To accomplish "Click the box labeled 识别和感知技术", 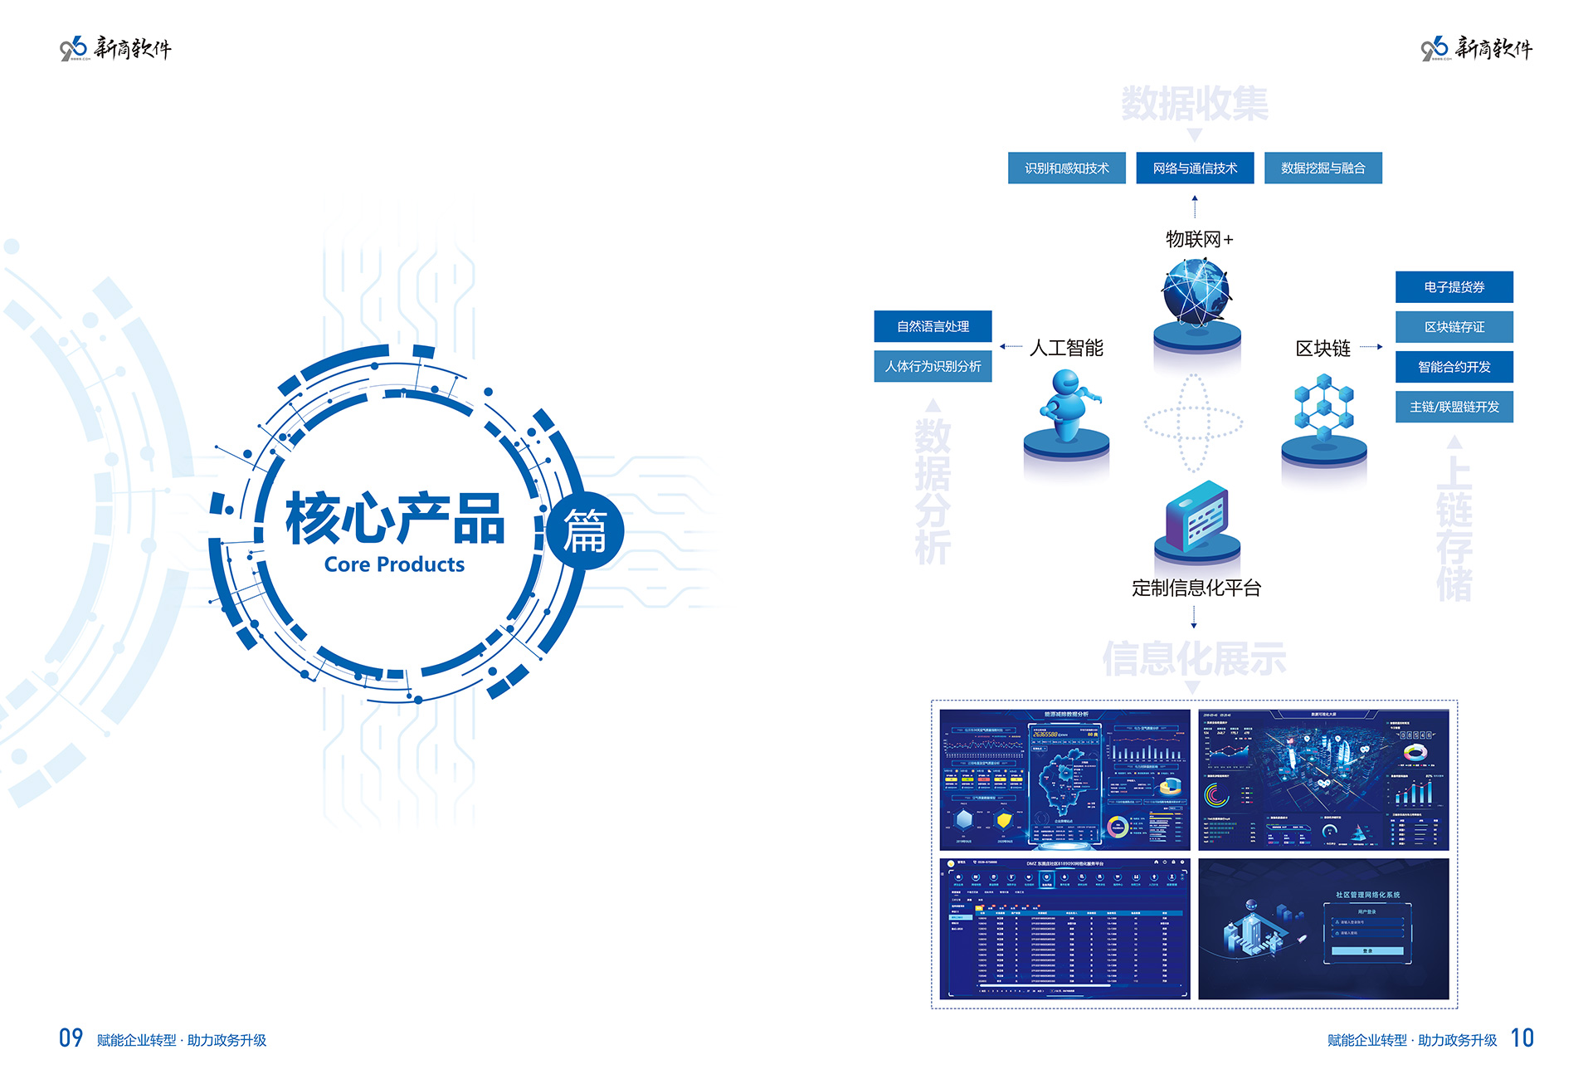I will click(1066, 168).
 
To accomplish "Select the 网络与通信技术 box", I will click(1194, 168).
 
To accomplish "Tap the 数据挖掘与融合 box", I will click(1323, 168).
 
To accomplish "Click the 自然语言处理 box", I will click(933, 326).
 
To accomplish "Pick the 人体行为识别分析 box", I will click(933, 366).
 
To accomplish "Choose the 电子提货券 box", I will click(1454, 287).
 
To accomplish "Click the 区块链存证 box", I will click(1454, 327).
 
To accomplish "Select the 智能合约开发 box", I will click(1454, 367).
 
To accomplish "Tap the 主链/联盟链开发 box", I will click(1454, 407).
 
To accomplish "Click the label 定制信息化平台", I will click(1196, 588).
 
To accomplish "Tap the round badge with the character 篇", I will click(585, 531).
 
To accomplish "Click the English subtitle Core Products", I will click(394, 564).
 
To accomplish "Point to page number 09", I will click(71, 1038).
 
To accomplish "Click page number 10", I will click(1522, 1038).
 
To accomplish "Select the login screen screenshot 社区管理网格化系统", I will click(1323, 929).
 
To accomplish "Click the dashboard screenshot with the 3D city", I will click(1323, 779).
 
